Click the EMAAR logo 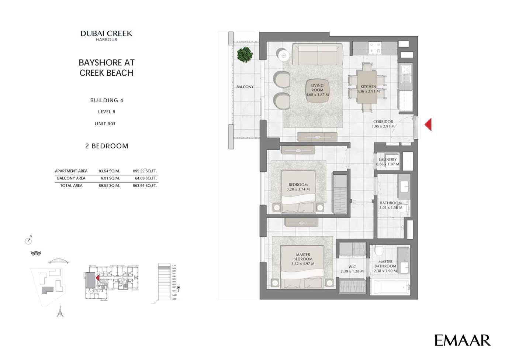tap(462, 340)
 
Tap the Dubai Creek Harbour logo tap(106, 35)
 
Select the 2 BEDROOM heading tap(107, 146)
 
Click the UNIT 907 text tap(105, 124)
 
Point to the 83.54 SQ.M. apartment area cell tap(109, 171)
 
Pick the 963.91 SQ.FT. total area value tap(145, 186)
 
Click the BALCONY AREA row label tap(71, 178)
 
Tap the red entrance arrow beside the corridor tap(428, 124)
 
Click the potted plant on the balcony tap(245, 54)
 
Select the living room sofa tap(317, 54)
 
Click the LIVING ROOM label tap(317, 90)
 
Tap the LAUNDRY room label tap(388, 162)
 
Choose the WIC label tap(352, 269)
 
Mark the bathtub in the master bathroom tap(390, 287)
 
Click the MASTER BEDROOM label tap(303, 259)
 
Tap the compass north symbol tap(28, 240)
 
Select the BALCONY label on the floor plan tap(245, 87)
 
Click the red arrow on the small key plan tap(97, 278)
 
